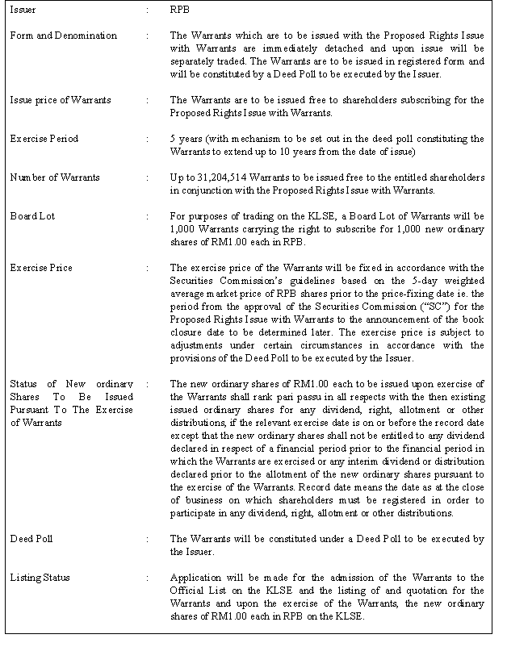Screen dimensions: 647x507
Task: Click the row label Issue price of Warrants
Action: pos(60,100)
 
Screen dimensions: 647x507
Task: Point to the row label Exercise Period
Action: pos(44,139)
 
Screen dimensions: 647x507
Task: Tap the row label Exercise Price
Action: pos(40,268)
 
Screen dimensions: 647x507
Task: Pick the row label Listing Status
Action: pos(40,578)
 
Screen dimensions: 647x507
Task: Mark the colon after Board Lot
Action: pos(148,216)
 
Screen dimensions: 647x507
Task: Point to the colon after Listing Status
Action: pos(148,578)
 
